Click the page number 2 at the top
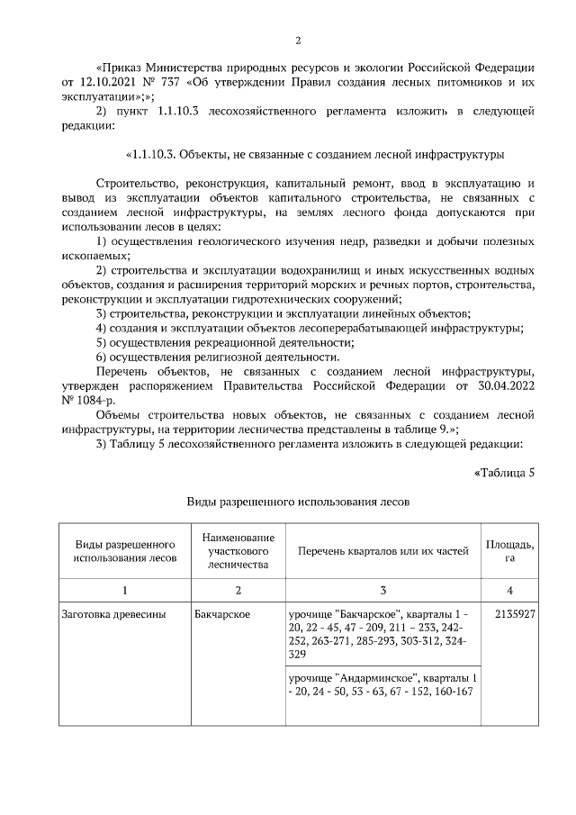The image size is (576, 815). tap(298, 41)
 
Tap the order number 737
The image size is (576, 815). tap(171, 82)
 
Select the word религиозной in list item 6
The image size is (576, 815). tap(233, 357)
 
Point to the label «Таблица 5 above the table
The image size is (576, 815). tap(504, 473)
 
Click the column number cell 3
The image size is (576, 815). tap(382, 590)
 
